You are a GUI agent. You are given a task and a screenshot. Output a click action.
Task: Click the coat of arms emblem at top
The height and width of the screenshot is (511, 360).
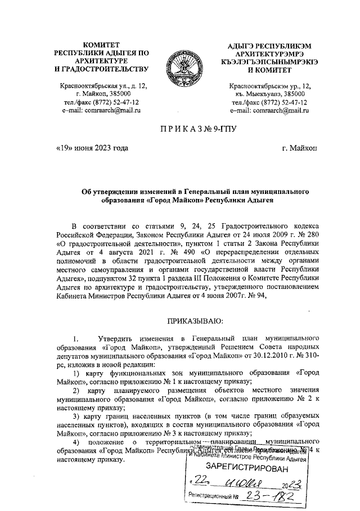179,67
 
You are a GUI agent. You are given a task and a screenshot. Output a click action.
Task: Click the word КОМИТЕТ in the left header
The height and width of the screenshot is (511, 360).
101,44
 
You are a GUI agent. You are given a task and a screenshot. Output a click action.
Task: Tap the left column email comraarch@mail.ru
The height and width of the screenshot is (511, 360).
101,111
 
